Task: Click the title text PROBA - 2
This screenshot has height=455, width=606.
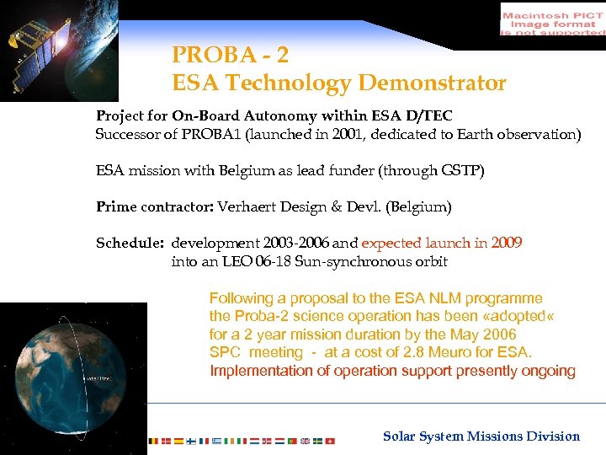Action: pyautogui.click(x=230, y=55)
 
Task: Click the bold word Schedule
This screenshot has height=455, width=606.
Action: pyautogui.click(x=130, y=243)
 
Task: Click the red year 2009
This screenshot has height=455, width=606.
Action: pyautogui.click(x=505, y=243)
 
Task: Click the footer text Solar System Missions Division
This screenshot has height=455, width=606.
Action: pyautogui.click(x=481, y=436)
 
